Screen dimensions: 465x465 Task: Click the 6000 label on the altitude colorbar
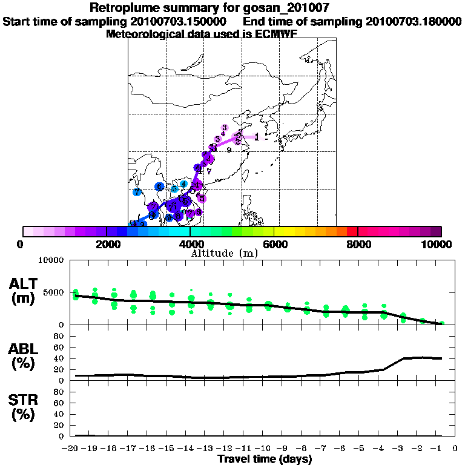(274, 244)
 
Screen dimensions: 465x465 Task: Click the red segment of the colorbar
(352, 231)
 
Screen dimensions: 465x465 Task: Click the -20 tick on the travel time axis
(71, 449)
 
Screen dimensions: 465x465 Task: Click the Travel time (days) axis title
(265, 460)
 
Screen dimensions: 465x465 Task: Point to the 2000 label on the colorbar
(107, 244)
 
